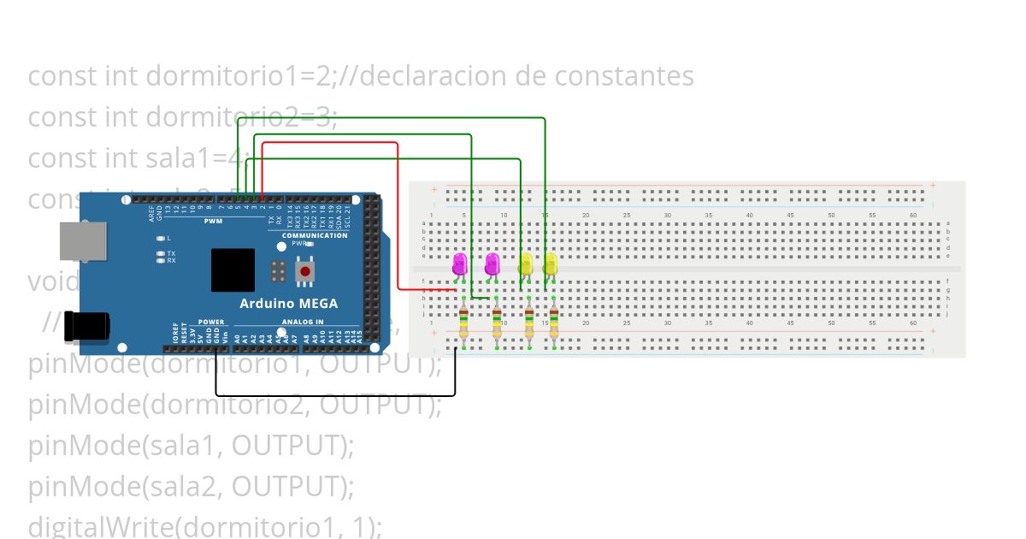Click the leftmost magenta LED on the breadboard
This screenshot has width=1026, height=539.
coord(460,263)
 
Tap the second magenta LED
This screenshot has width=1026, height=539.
coord(492,263)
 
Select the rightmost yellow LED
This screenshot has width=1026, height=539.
coord(551,263)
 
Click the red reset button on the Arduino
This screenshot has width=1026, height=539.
coord(305,271)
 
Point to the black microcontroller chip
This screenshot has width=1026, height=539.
coord(233,270)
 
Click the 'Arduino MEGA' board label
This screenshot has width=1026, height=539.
coord(288,303)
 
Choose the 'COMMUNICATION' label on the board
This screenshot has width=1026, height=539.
coord(315,235)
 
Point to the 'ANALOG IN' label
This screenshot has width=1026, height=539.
coord(303,323)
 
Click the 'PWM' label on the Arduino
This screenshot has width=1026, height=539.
coord(213,222)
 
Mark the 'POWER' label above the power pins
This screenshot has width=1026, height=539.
coord(211,323)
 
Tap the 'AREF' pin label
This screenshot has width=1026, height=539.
coord(150,210)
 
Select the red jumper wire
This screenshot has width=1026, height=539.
coord(398,214)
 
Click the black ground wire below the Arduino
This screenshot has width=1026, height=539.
coord(333,395)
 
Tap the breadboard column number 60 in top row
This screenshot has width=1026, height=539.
coord(913,215)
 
